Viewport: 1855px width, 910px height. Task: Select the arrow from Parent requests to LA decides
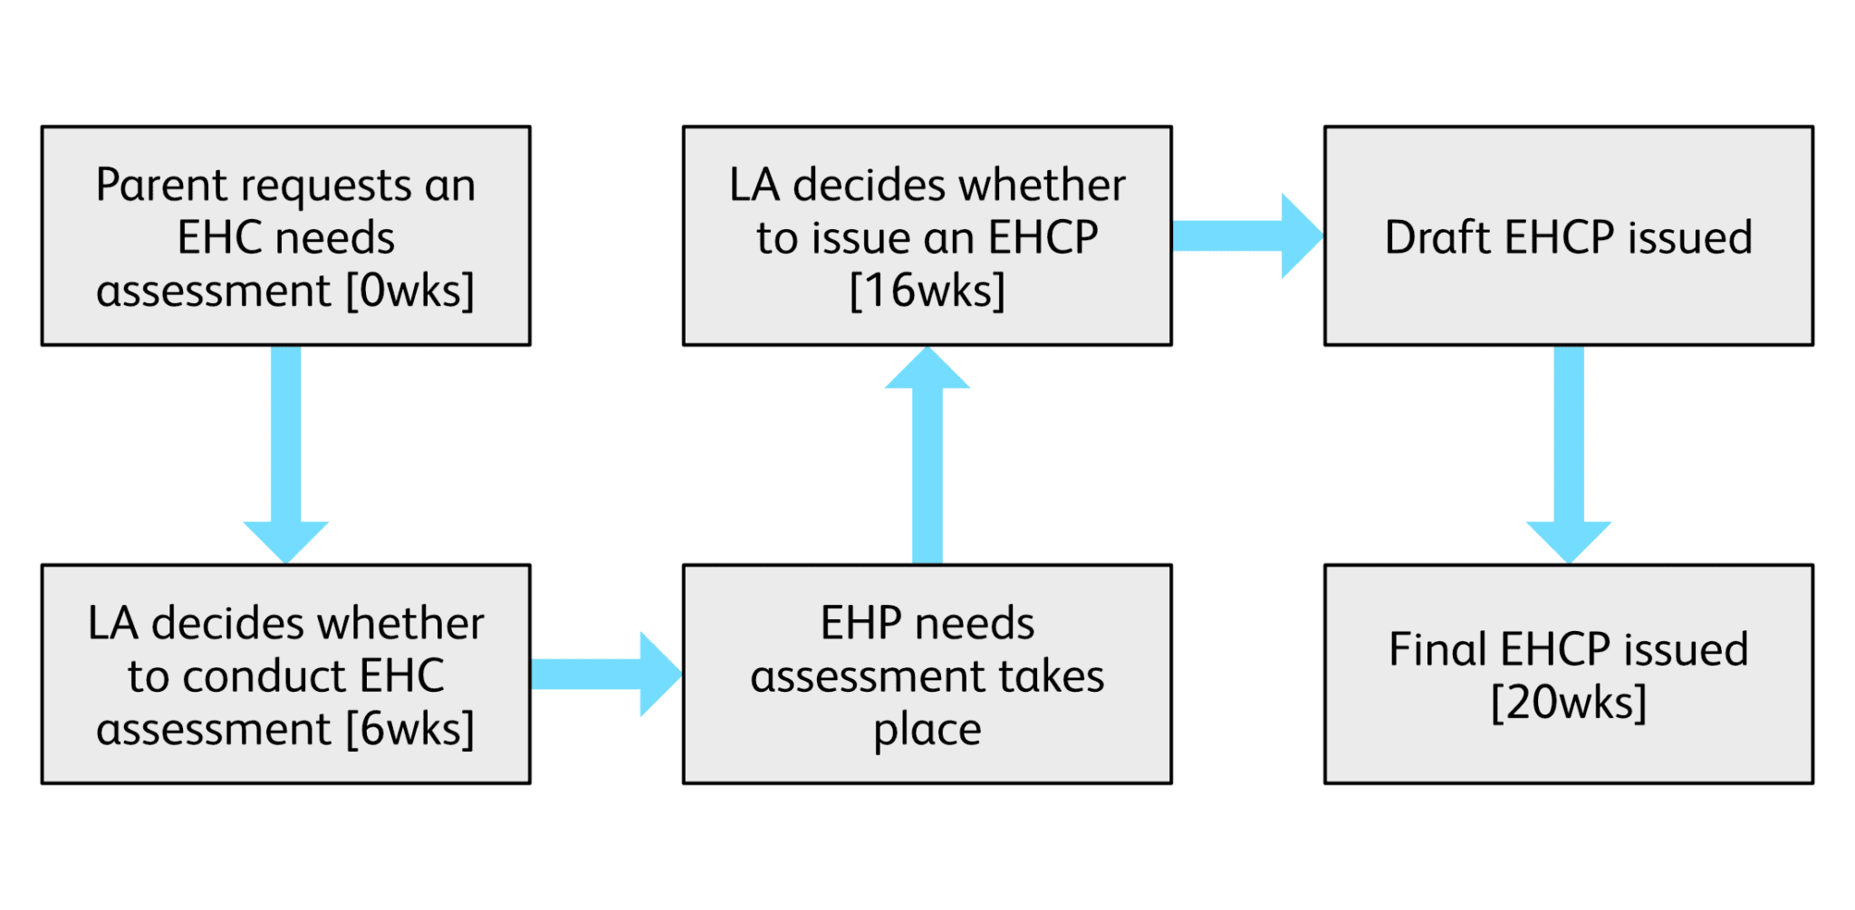(x=286, y=453)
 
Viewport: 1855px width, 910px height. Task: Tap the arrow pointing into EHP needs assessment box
(x=605, y=674)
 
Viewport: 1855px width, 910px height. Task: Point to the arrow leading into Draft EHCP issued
(x=1246, y=235)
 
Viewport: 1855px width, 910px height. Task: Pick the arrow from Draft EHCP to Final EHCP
(x=1569, y=453)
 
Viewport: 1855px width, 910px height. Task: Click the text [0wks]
(x=410, y=291)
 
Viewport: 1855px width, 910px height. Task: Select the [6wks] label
(x=410, y=729)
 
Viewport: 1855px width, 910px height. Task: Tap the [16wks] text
(x=927, y=291)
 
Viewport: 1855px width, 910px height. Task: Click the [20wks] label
(x=1569, y=702)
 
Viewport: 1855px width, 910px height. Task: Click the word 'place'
(x=927, y=730)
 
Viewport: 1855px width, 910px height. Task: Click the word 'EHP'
(x=861, y=623)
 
